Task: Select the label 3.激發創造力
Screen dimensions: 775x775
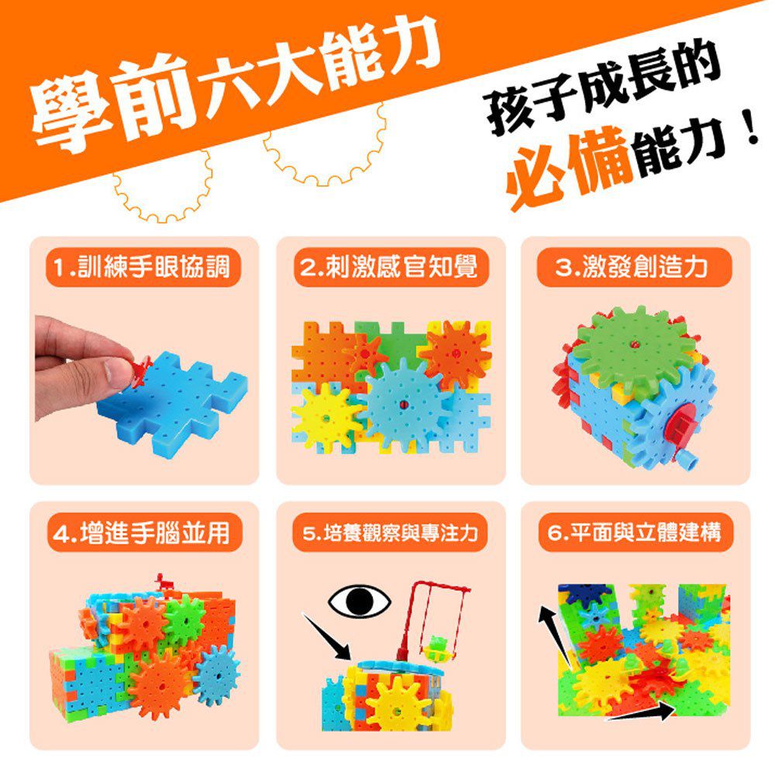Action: (634, 268)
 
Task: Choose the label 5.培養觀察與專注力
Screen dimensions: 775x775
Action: (390, 534)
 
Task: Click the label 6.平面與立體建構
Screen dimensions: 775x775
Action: (634, 534)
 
